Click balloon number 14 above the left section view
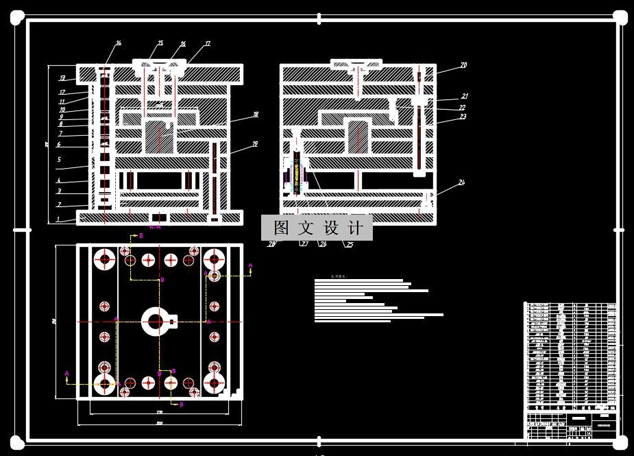pyautogui.click(x=118, y=43)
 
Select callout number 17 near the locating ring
pyautogui.click(x=207, y=44)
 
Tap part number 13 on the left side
pyautogui.click(x=62, y=78)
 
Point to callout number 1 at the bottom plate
pyautogui.click(x=59, y=219)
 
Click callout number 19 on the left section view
pyautogui.click(x=254, y=145)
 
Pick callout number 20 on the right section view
pyautogui.click(x=463, y=66)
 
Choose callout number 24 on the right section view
pyautogui.click(x=461, y=182)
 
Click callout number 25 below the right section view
pyautogui.click(x=350, y=244)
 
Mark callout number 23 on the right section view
pyautogui.click(x=463, y=117)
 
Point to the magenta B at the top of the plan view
pyautogui.click(x=141, y=235)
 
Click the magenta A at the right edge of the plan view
pyautogui.click(x=250, y=265)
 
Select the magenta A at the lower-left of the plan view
pyautogui.click(x=66, y=374)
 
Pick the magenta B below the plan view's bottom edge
pyautogui.click(x=182, y=405)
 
